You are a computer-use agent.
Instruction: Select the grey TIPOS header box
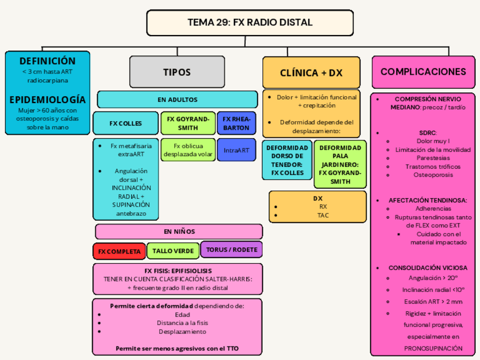[177, 72]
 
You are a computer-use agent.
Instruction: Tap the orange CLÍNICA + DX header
[311, 73]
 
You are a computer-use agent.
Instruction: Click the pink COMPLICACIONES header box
[423, 72]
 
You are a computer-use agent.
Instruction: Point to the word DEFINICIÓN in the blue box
[48, 61]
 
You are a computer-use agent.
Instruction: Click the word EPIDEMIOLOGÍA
[48, 100]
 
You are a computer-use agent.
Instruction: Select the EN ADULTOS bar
[178, 100]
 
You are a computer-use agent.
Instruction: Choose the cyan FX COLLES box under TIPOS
[126, 123]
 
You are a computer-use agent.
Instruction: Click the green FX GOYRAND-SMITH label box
[187, 123]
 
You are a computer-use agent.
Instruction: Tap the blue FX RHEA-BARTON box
[236, 123]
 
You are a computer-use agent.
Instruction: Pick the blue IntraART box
[236, 150]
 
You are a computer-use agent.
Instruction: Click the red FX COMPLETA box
[119, 251]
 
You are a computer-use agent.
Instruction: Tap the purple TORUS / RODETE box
[232, 250]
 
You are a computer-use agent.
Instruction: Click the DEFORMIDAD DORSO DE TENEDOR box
[287, 160]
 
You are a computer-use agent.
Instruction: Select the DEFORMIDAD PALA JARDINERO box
[340, 164]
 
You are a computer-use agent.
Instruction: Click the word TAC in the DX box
[323, 215]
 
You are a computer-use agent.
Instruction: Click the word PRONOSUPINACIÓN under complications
[433, 348]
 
